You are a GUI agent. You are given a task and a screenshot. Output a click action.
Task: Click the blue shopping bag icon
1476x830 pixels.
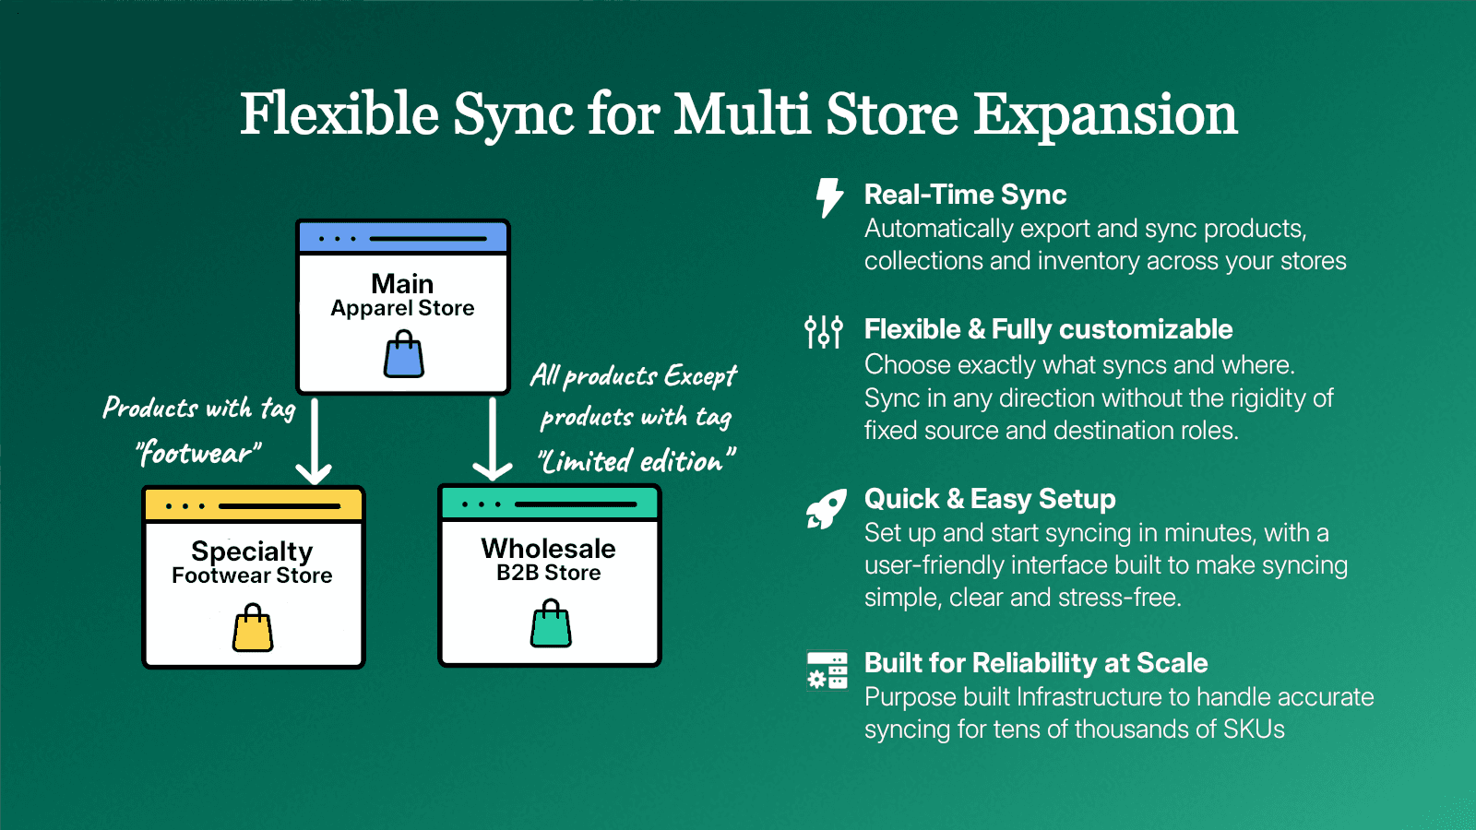pos(404,357)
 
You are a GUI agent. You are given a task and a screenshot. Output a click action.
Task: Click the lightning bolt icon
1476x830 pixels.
pos(829,197)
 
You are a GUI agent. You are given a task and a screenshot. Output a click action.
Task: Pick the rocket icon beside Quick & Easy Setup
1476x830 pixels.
pos(826,509)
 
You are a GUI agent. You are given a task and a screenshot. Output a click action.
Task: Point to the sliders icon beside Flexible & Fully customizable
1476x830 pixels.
pos(824,331)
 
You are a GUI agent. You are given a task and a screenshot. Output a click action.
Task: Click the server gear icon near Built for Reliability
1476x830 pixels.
pos(827,670)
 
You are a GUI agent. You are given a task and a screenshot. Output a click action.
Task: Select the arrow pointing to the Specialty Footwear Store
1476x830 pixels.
pos(314,443)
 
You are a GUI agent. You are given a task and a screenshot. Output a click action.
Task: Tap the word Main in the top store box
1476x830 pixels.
pos(402,283)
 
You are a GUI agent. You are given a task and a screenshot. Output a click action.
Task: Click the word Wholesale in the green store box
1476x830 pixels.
pos(548,549)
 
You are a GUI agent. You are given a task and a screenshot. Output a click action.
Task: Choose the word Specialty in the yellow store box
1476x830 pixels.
pos(252,551)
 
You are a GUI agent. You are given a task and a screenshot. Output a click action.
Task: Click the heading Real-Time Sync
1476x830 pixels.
pos(965,195)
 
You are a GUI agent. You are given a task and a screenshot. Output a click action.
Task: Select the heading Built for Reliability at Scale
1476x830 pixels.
pos(1035,663)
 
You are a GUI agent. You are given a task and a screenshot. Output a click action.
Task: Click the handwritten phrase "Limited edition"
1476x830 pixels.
pos(637,461)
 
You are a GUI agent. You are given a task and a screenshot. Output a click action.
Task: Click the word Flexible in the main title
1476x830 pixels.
pos(339,114)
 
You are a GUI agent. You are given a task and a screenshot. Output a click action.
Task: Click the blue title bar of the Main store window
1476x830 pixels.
pos(403,238)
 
